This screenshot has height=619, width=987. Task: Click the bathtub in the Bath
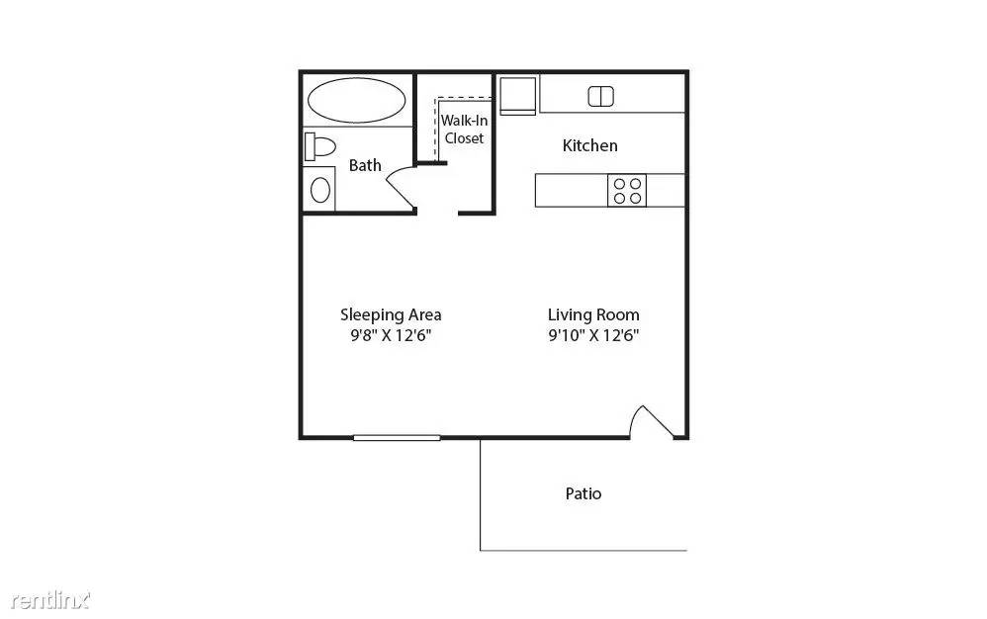356,100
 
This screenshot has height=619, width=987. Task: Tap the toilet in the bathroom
319,146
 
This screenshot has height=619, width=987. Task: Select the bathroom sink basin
320,189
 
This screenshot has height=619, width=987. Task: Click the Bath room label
365,165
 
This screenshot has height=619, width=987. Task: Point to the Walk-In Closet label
464,129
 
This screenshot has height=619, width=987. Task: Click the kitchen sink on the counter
600,96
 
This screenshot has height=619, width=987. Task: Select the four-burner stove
627,191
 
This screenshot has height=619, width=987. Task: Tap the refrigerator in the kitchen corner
517,96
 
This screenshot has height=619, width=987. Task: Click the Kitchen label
589,146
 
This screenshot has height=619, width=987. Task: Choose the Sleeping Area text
391,314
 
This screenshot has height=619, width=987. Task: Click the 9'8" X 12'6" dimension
391,335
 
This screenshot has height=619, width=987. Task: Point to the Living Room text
593,314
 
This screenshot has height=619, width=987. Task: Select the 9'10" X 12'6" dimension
593,335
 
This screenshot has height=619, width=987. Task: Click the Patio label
583,493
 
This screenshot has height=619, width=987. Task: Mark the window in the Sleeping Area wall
397,437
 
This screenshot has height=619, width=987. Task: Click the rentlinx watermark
50,601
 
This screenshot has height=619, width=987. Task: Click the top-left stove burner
619,184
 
